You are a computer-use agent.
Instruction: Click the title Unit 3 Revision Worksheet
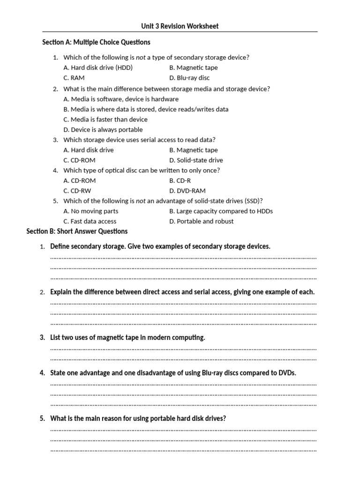(x=180, y=26)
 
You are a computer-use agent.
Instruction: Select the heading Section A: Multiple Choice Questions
(x=97, y=42)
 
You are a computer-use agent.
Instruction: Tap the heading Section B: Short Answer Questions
(x=77, y=231)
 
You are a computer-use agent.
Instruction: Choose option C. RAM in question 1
(x=74, y=78)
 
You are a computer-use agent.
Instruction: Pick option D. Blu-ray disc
(x=189, y=78)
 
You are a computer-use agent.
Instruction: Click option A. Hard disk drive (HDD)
(x=98, y=67)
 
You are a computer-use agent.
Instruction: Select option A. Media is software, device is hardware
(x=121, y=99)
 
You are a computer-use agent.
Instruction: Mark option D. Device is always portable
(x=103, y=129)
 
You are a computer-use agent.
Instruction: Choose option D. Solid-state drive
(x=196, y=160)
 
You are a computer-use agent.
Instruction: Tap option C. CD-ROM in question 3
(x=79, y=160)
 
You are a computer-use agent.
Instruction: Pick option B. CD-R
(x=180, y=180)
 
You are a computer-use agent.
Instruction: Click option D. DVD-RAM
(x=187, y=191)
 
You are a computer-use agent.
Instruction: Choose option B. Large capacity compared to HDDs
(x=221, y=211)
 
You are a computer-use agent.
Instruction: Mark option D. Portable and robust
(x=201, y=221)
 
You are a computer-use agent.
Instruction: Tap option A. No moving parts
(x=90, y=211)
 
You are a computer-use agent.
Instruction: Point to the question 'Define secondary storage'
(x=160, y=247)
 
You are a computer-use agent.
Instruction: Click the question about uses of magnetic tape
(x=127, y=337)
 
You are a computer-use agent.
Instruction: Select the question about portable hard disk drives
(x=138, y=419)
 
